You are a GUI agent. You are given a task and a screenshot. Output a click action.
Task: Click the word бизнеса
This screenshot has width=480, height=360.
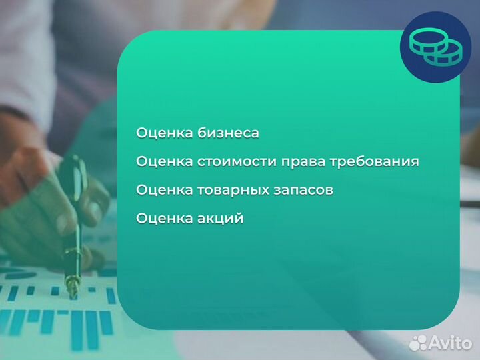click(228, 133)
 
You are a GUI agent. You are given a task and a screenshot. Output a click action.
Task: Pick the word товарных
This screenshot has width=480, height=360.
click(231, 191)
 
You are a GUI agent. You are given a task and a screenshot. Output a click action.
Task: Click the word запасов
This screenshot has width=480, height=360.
click(302, 191)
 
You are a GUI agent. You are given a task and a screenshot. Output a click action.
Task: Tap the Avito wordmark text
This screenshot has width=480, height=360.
click(451, 343)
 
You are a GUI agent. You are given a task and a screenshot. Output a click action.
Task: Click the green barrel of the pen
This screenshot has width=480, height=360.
click(75, 200)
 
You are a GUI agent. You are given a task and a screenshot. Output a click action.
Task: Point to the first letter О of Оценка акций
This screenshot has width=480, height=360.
click(141, 219)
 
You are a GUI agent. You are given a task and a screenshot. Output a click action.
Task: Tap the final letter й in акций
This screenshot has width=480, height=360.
click(238, 219)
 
